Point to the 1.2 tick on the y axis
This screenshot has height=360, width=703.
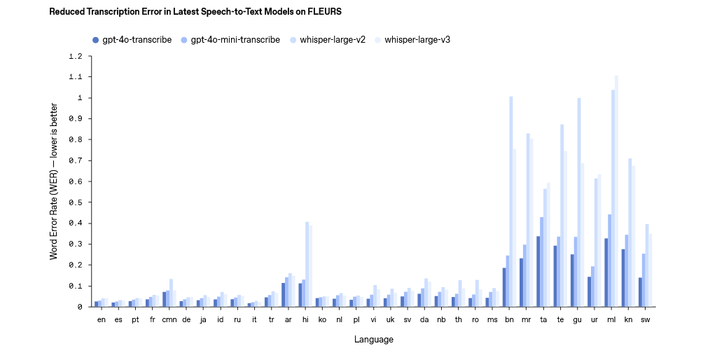(76, 56)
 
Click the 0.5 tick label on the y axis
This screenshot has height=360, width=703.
(76, 202)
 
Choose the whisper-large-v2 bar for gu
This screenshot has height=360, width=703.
(579, 202)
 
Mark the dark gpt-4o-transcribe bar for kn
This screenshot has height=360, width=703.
(622, 278)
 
